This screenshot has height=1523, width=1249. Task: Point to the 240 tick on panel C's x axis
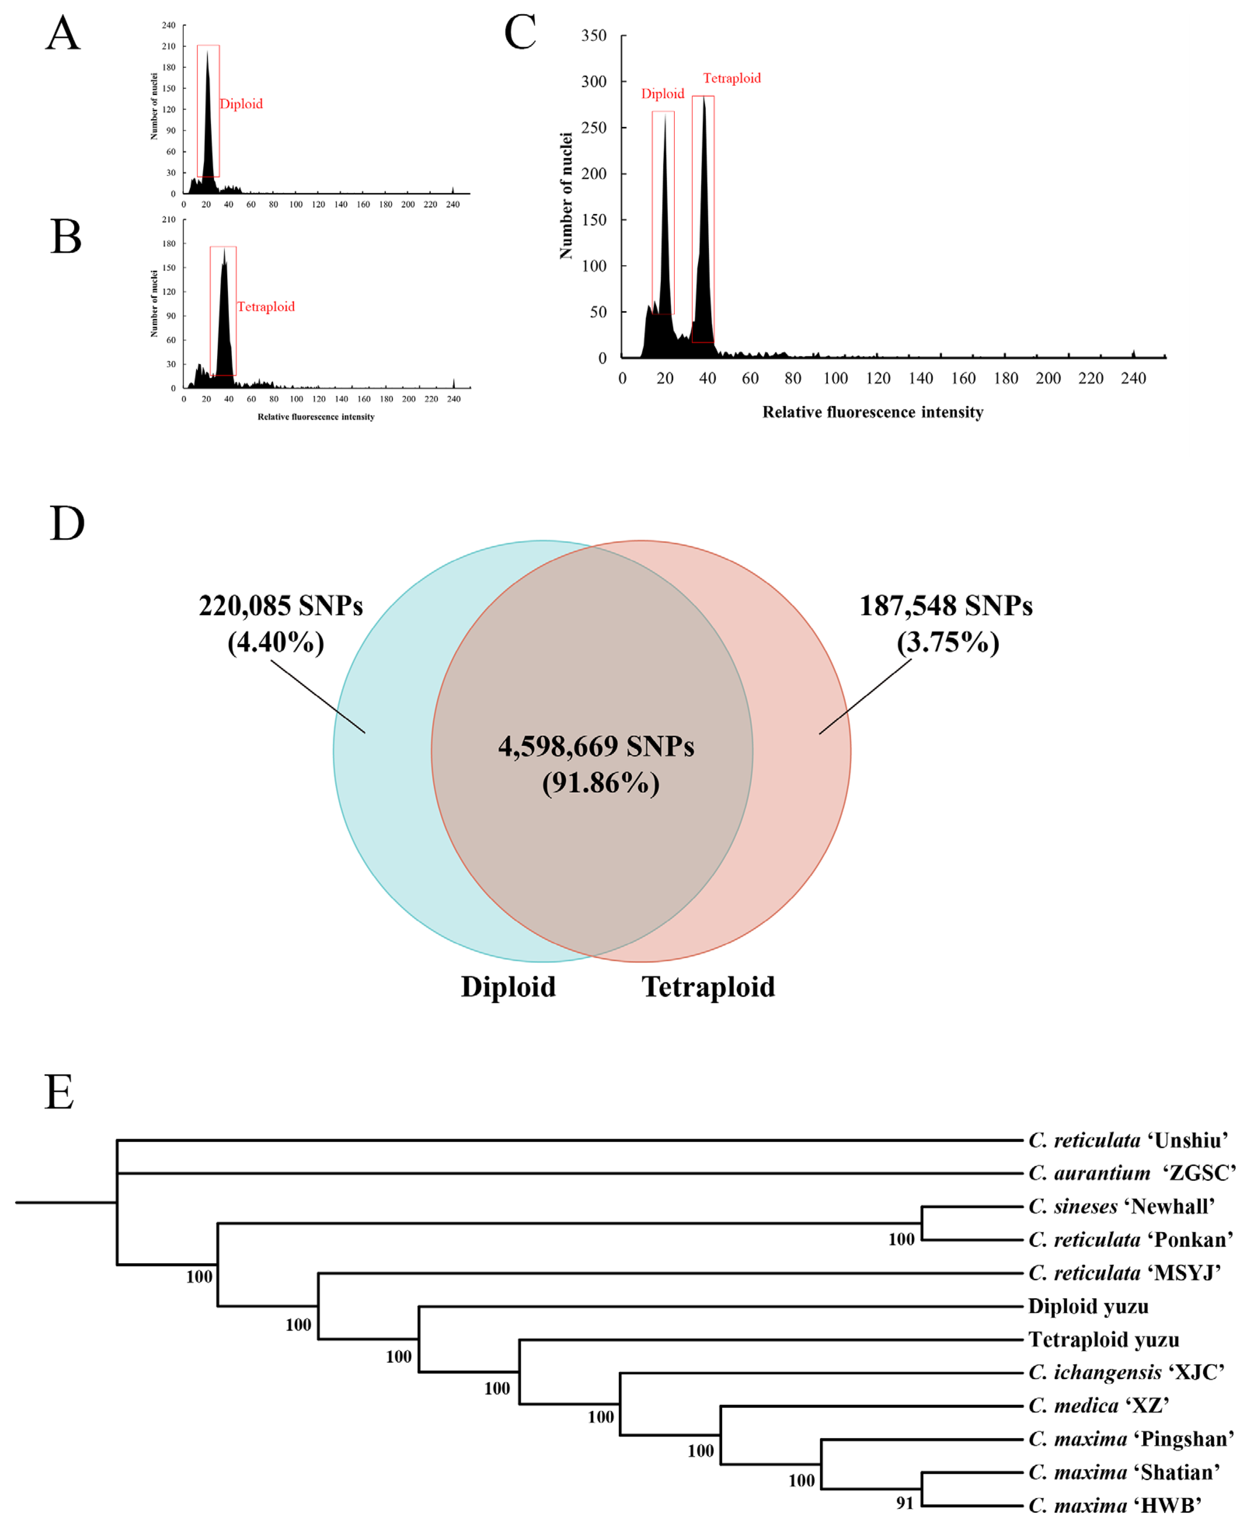pyautogui.click(x=1133, y=379)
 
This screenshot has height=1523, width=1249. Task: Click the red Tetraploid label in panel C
pyautogui.click(x=732, y=79)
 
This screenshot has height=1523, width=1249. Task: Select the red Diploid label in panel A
pyautogui.click(x=241, y=104)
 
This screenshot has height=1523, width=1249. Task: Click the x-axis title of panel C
pyautogui.click(x=873, y=412)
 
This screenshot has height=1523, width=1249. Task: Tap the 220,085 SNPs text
pyautogui.click(x=280, y=606)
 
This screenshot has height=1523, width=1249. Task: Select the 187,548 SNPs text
pyautogui.click(x=946, y=606)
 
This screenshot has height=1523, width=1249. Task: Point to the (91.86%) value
pyautogui.click(x=601, y=783)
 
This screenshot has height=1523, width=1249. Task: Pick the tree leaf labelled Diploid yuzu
pyautogui.click(x=1088, y=1306)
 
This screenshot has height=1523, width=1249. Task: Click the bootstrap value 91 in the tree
pyautogui.click(x=904, y=1504)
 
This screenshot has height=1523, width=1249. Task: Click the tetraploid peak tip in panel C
pyautogui.click(x=704, y=97)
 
